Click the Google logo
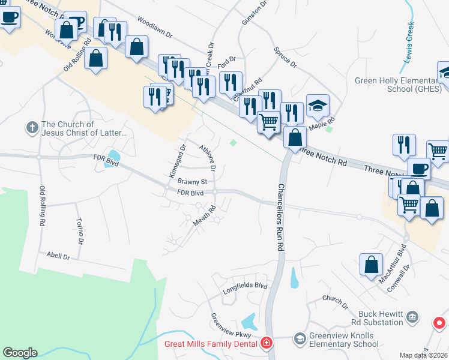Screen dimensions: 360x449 pos(20,353)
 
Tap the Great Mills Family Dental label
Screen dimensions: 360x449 pos(211,344)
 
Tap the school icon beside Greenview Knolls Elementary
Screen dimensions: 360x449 pos(299,340)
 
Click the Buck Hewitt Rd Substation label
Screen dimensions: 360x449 pos(381,318)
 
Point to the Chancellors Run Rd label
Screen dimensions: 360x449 pos(280,217)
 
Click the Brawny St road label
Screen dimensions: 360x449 pos(192,181)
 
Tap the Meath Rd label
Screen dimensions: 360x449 pos(204,217)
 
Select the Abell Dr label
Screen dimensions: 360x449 pos(58,256)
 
